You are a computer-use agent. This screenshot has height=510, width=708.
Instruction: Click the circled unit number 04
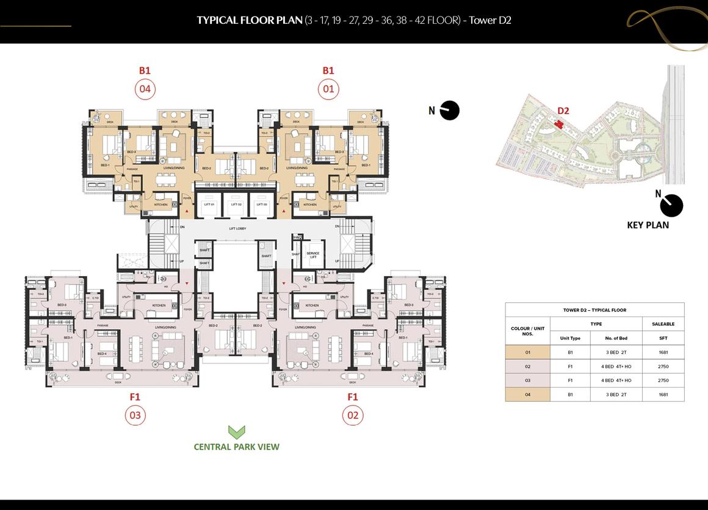145,89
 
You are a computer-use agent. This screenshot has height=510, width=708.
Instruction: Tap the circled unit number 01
328,89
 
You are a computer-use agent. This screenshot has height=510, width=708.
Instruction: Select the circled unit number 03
135,416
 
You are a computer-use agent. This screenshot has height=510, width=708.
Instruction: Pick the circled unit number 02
352,416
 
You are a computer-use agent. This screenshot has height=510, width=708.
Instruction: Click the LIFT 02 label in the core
235,204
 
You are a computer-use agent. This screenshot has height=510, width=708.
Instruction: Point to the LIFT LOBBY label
235,228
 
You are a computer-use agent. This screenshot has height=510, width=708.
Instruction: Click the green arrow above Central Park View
236,432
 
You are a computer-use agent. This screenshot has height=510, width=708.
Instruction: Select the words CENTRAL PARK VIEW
236,447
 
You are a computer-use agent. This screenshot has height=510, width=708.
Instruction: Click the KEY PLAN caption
648,225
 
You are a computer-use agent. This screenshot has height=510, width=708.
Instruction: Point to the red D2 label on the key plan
563,111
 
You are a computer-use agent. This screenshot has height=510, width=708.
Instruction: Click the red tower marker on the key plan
558,125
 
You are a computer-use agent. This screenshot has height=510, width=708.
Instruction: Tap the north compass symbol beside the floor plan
450,111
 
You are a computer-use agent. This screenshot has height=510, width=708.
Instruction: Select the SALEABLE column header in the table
663,324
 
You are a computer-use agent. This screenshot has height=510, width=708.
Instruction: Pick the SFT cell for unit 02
663,366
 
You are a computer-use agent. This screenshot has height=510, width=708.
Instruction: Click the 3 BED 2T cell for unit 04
616,395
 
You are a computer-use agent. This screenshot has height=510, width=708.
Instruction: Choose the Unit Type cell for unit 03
570,381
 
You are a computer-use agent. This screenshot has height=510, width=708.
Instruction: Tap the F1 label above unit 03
135,397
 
